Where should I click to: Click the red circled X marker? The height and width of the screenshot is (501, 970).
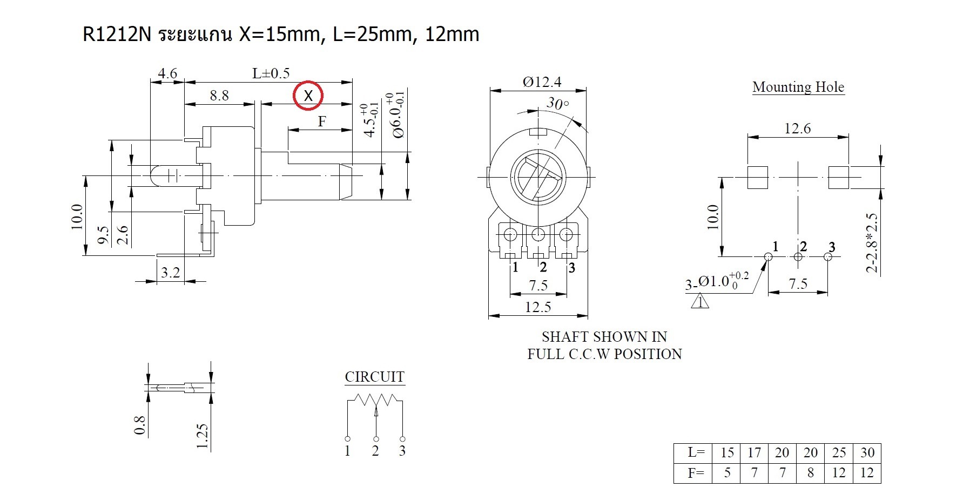pos(308,96)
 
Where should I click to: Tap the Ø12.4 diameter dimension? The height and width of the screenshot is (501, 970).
pos(542,82)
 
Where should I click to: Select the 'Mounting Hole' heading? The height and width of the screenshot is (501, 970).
pos(798,87)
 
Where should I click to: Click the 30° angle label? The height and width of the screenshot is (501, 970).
pos(557,103)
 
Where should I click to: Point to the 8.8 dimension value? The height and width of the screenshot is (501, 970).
pos(219,96)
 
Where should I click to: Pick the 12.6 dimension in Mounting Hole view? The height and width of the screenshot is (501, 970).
pos(797,128)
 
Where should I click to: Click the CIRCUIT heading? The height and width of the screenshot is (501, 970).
pos(375,377)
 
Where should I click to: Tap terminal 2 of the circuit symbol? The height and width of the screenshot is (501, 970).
pos(375,439)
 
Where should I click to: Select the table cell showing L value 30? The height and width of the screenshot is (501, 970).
pos(867,452)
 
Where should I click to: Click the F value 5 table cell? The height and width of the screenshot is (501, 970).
pos(727,473)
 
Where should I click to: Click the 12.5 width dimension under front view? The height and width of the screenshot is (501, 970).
pos(538,307)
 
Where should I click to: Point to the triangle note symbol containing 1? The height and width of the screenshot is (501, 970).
pos(700,301)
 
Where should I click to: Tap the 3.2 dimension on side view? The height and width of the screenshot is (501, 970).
pos(170,272)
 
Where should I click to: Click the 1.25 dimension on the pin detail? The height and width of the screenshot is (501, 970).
pos(202,436)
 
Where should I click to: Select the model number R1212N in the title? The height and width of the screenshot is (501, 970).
pos(117,34)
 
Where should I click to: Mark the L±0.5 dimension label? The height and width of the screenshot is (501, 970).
pos(271,73)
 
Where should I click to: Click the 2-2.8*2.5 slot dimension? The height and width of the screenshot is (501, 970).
pos(871,242)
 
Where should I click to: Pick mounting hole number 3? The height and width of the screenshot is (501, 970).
pos(828,256)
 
